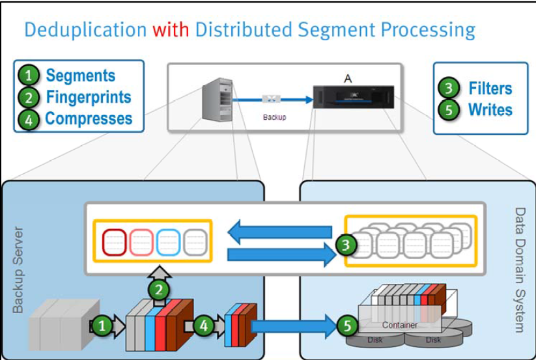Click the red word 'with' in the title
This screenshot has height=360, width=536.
point(171,29)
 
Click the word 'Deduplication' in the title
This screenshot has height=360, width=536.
point(85,30)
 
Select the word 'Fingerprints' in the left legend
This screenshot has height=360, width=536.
point(89,97)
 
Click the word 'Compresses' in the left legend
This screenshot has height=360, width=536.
point(89,118)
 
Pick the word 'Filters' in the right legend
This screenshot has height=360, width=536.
point(490,88)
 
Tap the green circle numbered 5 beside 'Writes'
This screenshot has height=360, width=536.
point(449,109)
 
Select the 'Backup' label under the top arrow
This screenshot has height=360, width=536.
point(274,117)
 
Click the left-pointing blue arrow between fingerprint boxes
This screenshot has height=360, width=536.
point(280,231)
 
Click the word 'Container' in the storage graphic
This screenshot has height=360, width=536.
point(399,324)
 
